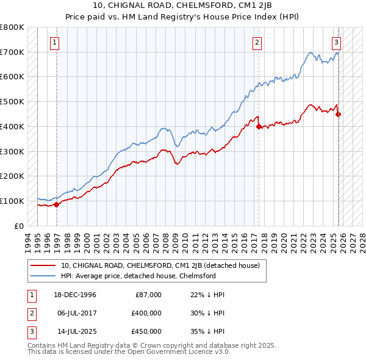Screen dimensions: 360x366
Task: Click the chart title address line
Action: tap(182, 5)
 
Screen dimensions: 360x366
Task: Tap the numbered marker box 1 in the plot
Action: tap(55, 43)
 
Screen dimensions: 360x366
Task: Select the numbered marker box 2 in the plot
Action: tap(257, 43)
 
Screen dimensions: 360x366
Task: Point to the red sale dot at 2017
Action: tap(259, 126)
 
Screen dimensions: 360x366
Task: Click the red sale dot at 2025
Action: tap(339, 114)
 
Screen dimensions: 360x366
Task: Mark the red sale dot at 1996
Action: tap(57, 204)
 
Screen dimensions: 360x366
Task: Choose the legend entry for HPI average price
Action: tap(140, 276)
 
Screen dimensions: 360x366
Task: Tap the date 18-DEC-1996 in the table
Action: tap(75, 295)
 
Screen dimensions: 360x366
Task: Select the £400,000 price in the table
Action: tap(146, 313)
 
